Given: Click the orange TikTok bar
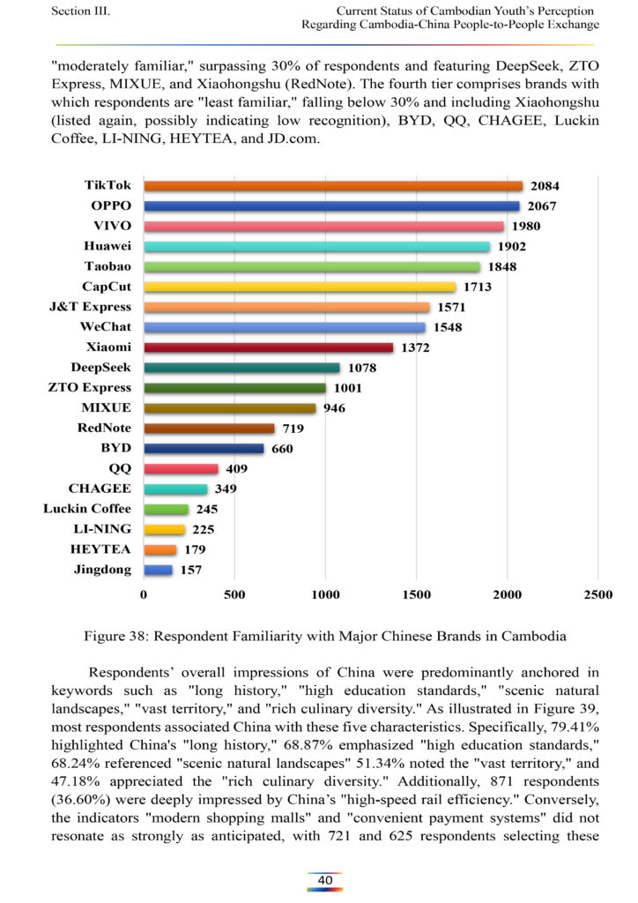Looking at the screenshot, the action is (x=333, y=186).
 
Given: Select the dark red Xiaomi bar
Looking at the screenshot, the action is (x=269, y=347).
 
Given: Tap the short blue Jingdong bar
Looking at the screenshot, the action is (x=159, y=570).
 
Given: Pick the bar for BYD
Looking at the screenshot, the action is (x=204, y=449).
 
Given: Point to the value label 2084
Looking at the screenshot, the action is (x=545, y=186).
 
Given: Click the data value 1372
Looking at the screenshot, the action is (x=415, y=347).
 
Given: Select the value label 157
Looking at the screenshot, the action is (x=191, y=571).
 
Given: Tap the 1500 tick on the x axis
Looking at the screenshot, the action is (x=417, y=595).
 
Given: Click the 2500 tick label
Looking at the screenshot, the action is (x=598, y=595).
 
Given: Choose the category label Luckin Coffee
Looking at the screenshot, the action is (x=87, y=509).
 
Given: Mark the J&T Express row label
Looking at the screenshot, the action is (x=90, y=307).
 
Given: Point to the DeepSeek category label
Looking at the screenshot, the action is (x=100, y=368).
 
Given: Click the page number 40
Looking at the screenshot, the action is (x=325, y=880).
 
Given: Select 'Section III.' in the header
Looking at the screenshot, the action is (x=80, y=11).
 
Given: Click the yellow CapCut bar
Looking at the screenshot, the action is (x=300, y=287).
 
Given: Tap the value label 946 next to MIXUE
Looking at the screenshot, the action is (x=334, y=408).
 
